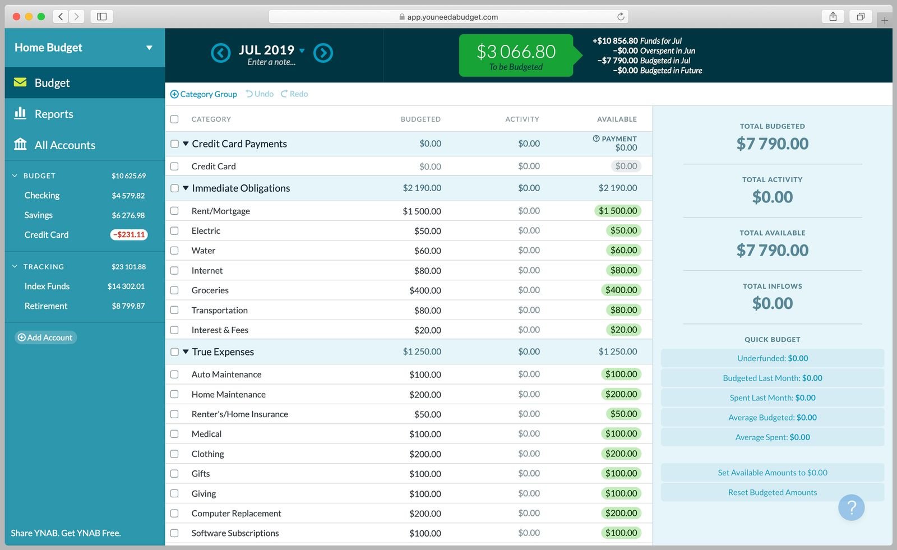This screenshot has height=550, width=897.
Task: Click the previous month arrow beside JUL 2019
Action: pos(220,53)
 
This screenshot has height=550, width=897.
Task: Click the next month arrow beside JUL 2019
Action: pos(323,53)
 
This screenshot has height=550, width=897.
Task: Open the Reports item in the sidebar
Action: pos(54,114)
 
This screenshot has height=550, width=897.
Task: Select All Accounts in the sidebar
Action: pos(64,145)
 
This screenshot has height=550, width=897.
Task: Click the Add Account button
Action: pos(45,338)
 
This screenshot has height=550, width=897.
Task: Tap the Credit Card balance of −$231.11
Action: pos(129,235)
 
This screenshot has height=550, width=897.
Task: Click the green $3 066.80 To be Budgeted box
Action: pos(516,56)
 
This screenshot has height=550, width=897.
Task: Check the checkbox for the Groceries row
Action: pos(174,290)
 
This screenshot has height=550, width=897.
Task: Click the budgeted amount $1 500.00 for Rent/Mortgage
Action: pos(422,211)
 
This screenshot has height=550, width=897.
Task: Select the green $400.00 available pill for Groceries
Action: pos(621,290)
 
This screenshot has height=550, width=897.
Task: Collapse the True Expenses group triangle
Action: pos(186,352)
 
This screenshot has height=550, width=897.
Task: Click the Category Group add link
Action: pos(204,94)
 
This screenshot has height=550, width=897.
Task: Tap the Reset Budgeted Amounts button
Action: pos(772,492)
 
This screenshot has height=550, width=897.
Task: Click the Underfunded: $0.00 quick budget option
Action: pos(772,358)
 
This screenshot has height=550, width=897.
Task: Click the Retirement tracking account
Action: pos(46,306)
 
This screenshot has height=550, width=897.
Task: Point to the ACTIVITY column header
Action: pos(521,119)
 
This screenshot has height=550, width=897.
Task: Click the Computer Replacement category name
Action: pos(236,514)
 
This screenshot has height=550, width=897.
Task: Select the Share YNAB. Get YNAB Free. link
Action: pos(66,533)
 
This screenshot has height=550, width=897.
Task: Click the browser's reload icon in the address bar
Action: pos(621,17)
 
